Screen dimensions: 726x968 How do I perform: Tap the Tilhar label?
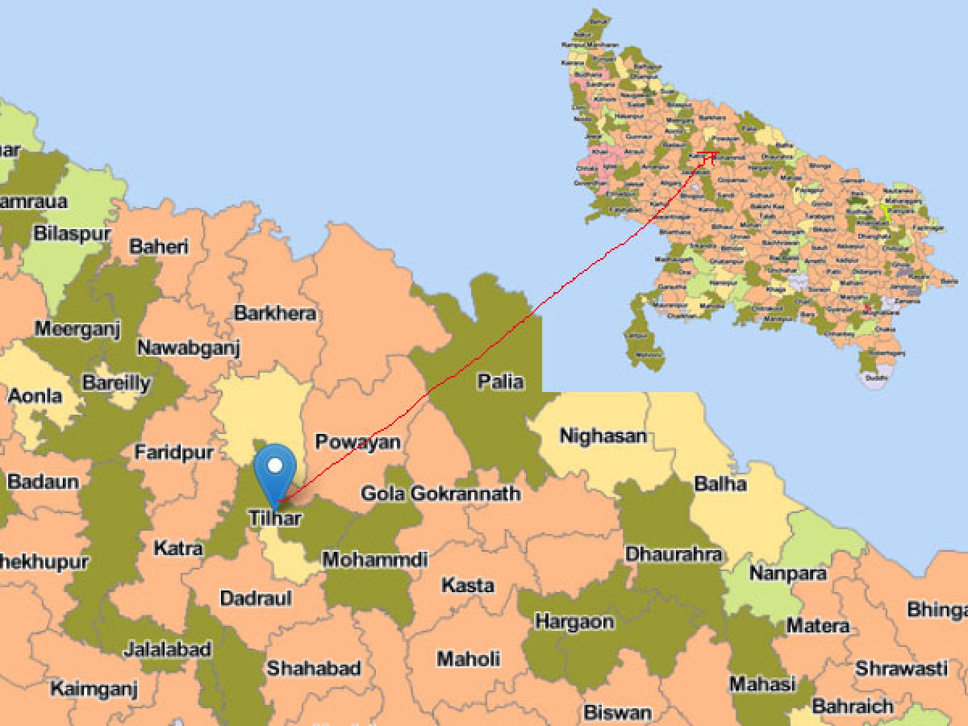[x=275, y=517]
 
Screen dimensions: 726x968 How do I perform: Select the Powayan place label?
[x=357, y=442]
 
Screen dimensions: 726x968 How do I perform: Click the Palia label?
[x=500, y=382]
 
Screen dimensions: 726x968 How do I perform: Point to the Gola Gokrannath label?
[x=440, y=493]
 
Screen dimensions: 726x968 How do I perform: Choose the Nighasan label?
[x=603, y=436]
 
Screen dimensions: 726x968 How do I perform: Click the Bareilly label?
[x=116, y=383]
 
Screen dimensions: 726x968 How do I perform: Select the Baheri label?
[x=158, y=245]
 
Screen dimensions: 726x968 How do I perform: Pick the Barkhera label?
[x=275, y=313]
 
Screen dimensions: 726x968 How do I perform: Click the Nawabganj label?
[x=189, y=348]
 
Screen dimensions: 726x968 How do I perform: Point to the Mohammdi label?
[x=374, y=559]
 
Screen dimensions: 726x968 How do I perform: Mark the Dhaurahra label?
[x=673, y=555]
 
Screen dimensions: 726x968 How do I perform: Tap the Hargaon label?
[x=574, y=622]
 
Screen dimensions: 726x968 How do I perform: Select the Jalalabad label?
[x=168, y=649]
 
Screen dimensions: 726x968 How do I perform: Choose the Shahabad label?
[x=314, y=668]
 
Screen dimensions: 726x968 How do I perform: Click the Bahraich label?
[x=853, y=707]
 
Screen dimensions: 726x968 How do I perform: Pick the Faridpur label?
[x=173, y=453]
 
